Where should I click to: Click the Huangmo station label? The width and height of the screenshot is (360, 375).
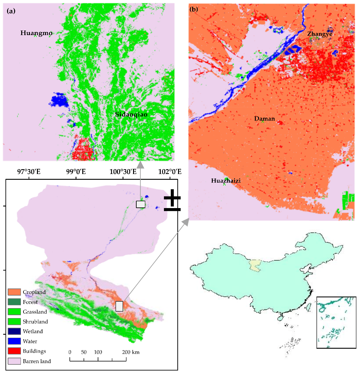36,33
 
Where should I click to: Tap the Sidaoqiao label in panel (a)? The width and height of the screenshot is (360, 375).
131,114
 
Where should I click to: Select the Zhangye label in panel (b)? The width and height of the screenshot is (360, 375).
319,34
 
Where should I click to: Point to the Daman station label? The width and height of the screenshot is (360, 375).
265,119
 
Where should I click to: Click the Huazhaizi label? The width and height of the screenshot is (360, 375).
226,181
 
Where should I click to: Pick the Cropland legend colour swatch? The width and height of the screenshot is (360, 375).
14,292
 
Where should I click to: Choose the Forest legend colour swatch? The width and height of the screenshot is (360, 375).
14,302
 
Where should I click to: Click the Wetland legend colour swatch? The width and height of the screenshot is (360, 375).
14,331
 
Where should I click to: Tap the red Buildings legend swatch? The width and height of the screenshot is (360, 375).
14,351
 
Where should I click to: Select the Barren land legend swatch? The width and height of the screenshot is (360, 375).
14,361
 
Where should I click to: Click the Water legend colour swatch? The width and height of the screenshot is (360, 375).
14,341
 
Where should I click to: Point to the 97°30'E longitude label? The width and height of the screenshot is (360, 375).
29,172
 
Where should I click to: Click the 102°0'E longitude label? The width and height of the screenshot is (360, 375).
170,172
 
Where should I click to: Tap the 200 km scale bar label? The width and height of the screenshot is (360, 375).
131,352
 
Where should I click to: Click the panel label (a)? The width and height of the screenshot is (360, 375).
11,11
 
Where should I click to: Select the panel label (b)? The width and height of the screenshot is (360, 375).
194,9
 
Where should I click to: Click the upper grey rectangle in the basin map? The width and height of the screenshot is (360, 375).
140,204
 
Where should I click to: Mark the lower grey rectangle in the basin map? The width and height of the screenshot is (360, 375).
119,306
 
